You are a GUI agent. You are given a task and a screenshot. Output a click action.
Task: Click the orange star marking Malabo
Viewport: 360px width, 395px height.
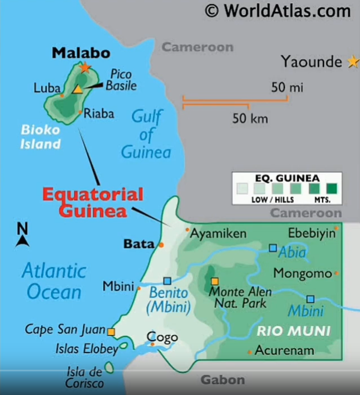click(x=84, y=68)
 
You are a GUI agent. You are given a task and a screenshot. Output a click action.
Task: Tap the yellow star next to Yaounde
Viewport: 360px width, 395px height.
click(x=353, y=61)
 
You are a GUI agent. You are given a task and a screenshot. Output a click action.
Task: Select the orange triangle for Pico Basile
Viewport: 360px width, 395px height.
click(x=77, y=89)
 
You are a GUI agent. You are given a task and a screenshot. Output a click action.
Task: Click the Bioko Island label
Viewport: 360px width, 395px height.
click(x=40, y=137)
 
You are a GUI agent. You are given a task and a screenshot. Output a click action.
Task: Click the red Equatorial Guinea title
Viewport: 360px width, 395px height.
click(x=93, y=203)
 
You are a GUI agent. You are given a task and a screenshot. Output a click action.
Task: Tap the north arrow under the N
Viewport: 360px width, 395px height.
click(x=22, y=241)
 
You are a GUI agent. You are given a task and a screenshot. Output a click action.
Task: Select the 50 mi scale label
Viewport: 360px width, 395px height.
click(x=287, y=87)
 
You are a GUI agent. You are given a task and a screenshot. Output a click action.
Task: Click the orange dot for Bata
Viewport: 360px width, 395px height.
click(x=161, y=245)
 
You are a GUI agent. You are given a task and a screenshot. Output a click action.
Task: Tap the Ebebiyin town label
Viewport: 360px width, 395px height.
click(x=311, y=233)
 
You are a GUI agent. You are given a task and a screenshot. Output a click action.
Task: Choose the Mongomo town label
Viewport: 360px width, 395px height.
click(x=303, y=273)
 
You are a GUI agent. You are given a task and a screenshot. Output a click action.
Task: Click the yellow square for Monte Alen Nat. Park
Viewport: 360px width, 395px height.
click(x=214, y=281)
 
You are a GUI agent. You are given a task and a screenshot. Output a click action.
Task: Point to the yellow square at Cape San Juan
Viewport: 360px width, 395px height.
click(x=111, y=332)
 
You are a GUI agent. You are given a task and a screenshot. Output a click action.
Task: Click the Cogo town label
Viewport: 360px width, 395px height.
click(x=162, y=337)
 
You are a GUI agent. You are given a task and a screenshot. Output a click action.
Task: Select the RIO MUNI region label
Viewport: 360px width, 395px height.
click(x=294, y=330)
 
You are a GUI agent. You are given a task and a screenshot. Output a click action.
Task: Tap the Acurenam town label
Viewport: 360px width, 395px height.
click(x=283, y=351)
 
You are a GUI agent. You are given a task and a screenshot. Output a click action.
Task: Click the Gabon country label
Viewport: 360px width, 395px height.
click(x=223, y=380)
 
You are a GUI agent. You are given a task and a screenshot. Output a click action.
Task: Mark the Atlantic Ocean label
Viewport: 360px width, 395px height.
click(x=54, y=281)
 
